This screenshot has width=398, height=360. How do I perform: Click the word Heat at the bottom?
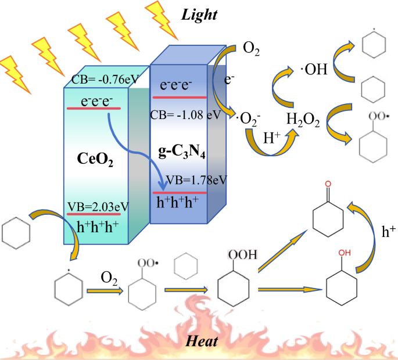202,341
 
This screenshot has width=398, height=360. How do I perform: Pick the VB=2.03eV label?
97,206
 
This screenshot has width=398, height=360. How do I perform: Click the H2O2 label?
303,120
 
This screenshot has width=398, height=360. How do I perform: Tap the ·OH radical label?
313,70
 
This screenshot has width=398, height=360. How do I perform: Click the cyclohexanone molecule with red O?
328,215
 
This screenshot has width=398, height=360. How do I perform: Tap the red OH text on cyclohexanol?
345,253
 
